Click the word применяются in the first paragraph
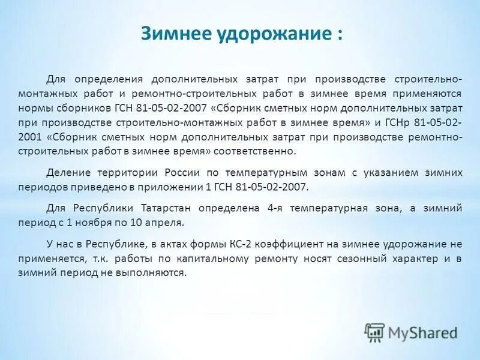pos(428,94)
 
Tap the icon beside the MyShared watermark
pos(374,332)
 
